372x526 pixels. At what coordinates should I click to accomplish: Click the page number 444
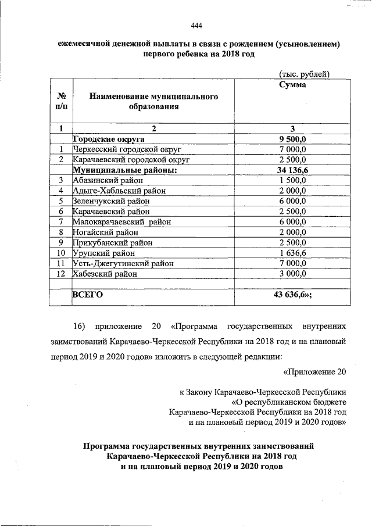[196, 25]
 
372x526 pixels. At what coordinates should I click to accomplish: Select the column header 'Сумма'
[292, 85]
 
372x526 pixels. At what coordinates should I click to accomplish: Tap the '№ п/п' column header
[61, 101]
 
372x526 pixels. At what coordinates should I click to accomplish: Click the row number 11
[60, 263]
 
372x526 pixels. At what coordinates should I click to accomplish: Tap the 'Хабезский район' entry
[105, 273]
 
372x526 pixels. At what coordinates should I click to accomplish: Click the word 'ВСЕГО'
[87, 295]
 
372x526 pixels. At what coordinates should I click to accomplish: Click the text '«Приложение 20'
[314, 371]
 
